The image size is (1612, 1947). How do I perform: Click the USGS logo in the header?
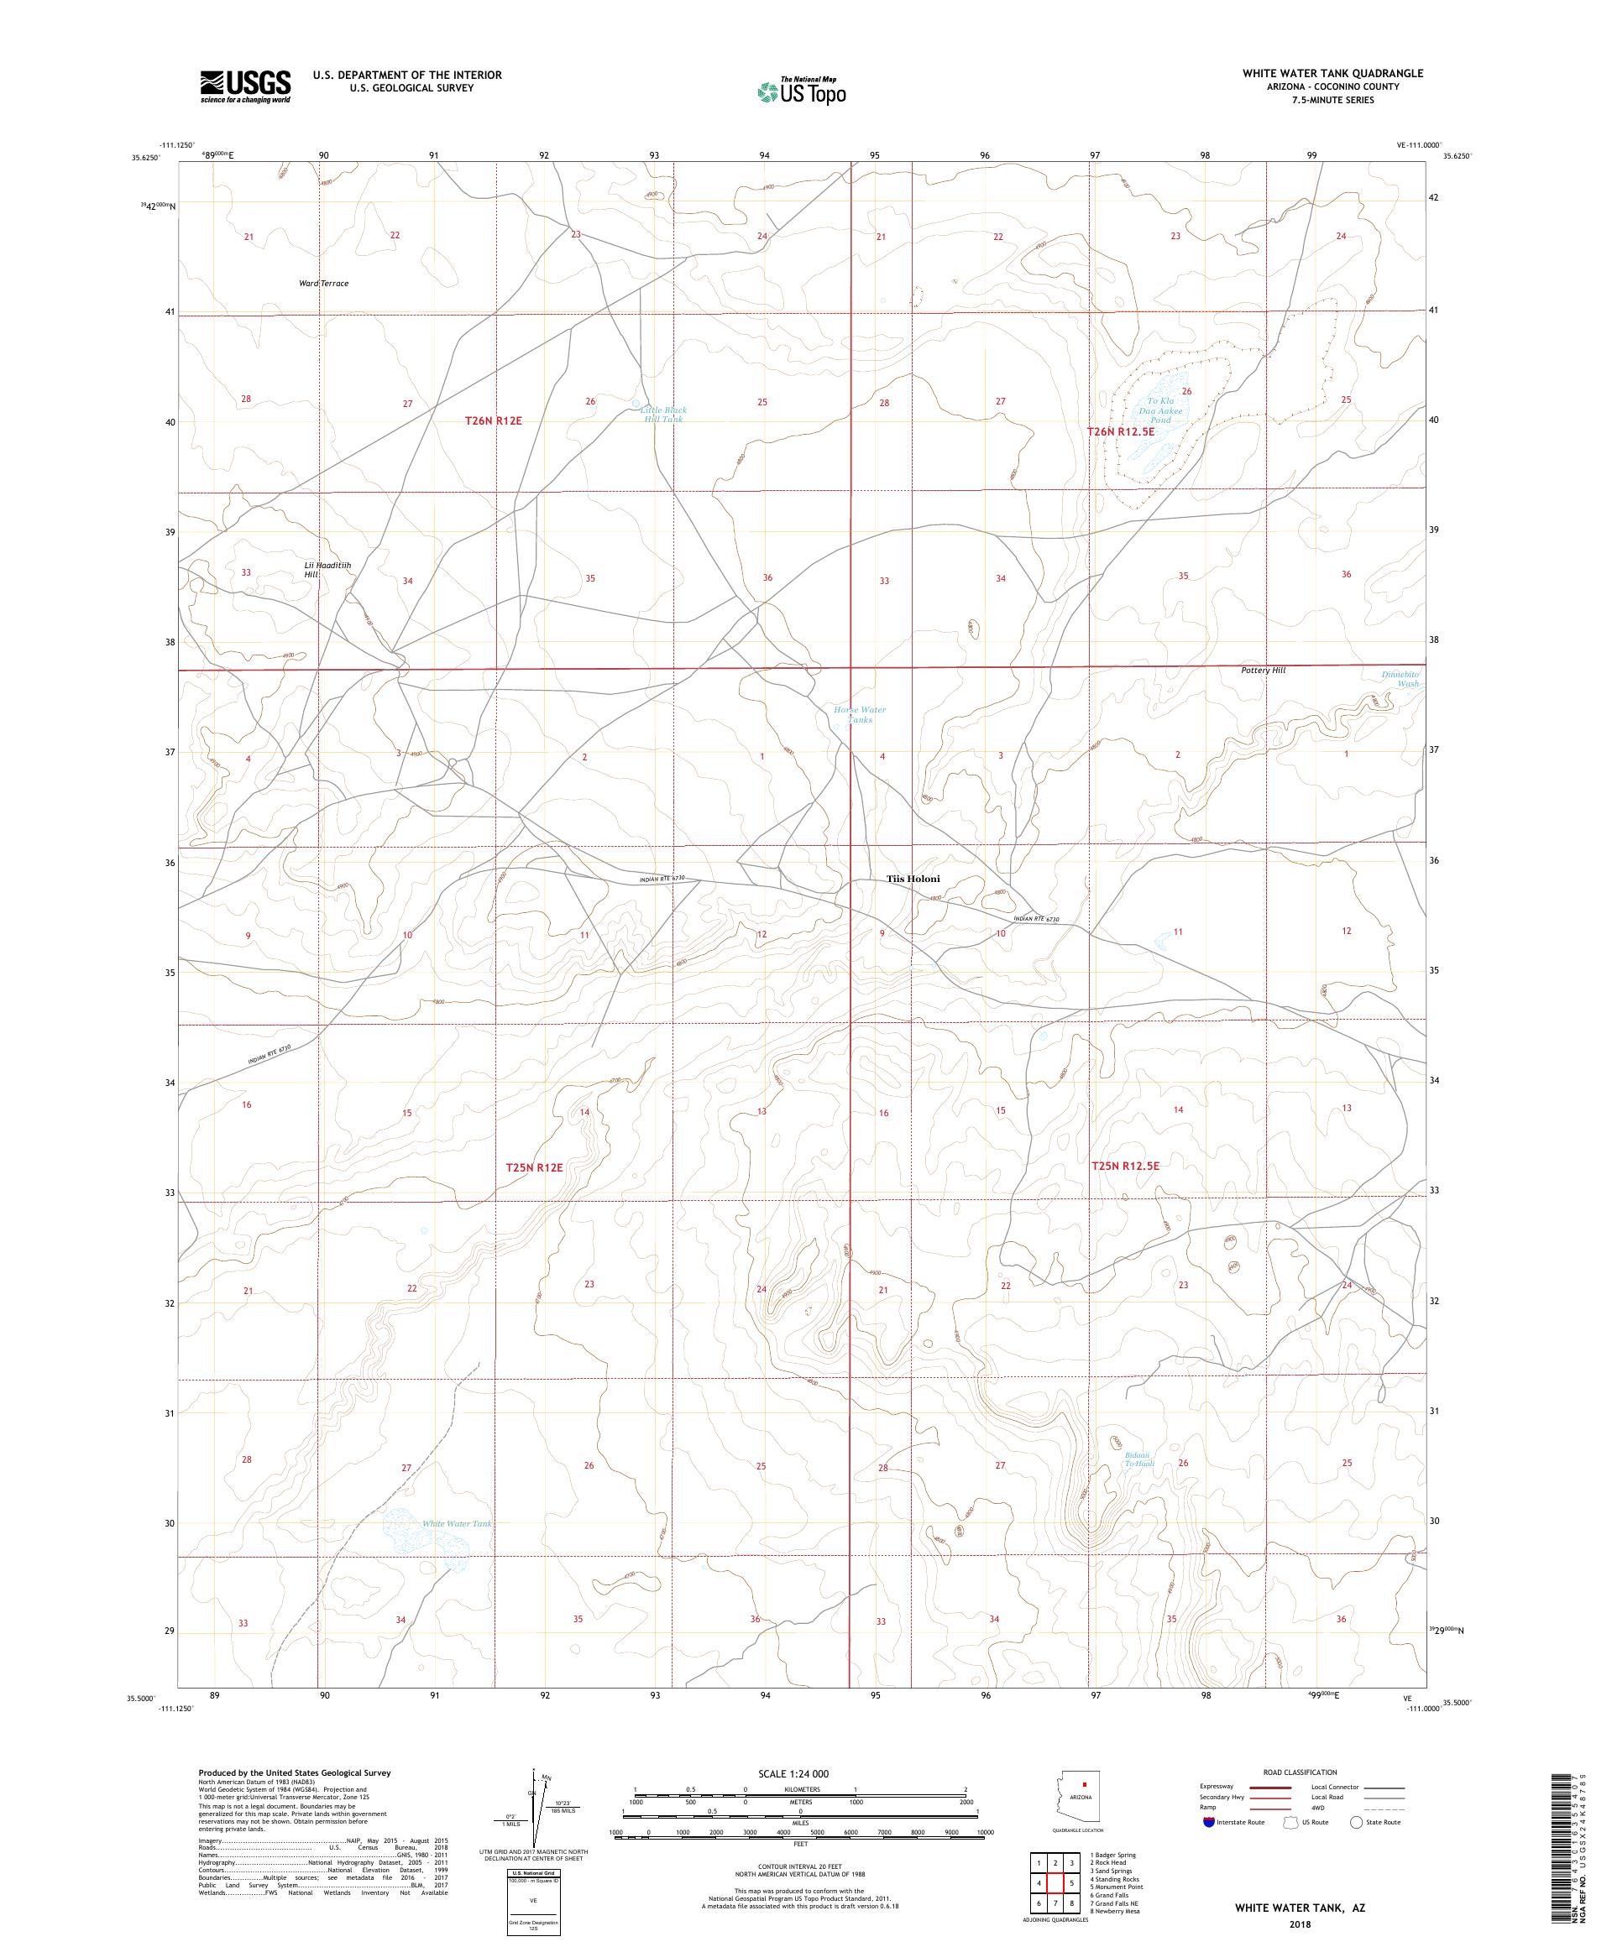(x=246, y=87)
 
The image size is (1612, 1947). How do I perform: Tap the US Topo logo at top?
(x=803, y=91)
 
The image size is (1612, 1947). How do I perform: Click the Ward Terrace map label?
(x=324, y=284)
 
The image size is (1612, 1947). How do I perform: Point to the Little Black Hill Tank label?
(x=663, y=415)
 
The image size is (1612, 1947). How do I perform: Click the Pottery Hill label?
(x=1264, y=670)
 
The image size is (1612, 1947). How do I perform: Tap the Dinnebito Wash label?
(x=1400, y=679)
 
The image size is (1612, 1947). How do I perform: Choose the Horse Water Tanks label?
(x=859, y=714)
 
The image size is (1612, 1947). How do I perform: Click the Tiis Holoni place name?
(x=913, y=879)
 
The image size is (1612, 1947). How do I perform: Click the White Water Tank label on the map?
(x=457, y=1523)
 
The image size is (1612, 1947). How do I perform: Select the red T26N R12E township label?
(x=494, y=421)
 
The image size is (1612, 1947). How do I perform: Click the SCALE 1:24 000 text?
(x=800, y=1773)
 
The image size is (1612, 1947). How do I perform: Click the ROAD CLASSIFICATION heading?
(x=1300, y=1772)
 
